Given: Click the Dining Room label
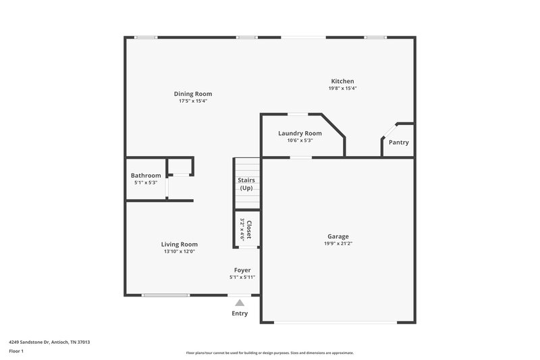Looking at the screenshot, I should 193,94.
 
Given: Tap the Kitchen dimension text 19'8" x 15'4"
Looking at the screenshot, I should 342,88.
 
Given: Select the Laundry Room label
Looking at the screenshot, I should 300,133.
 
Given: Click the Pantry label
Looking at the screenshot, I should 398,143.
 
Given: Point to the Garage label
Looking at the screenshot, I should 338,236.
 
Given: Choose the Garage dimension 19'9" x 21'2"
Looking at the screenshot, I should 338,244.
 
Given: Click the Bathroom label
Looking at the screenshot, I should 146,176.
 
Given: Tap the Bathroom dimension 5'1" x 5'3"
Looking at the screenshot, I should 146,182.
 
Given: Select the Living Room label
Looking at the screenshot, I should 179,244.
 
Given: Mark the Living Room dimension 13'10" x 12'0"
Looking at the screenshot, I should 179,251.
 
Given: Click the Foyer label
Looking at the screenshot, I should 242,270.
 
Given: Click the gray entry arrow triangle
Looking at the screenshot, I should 240,303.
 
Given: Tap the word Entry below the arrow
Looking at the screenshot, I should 240,313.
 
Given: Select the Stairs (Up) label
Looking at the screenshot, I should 246,184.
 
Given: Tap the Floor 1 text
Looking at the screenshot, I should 16,351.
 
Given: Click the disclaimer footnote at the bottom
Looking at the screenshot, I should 269,353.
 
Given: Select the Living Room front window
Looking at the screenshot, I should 165,294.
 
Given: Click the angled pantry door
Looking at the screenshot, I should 389,130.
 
